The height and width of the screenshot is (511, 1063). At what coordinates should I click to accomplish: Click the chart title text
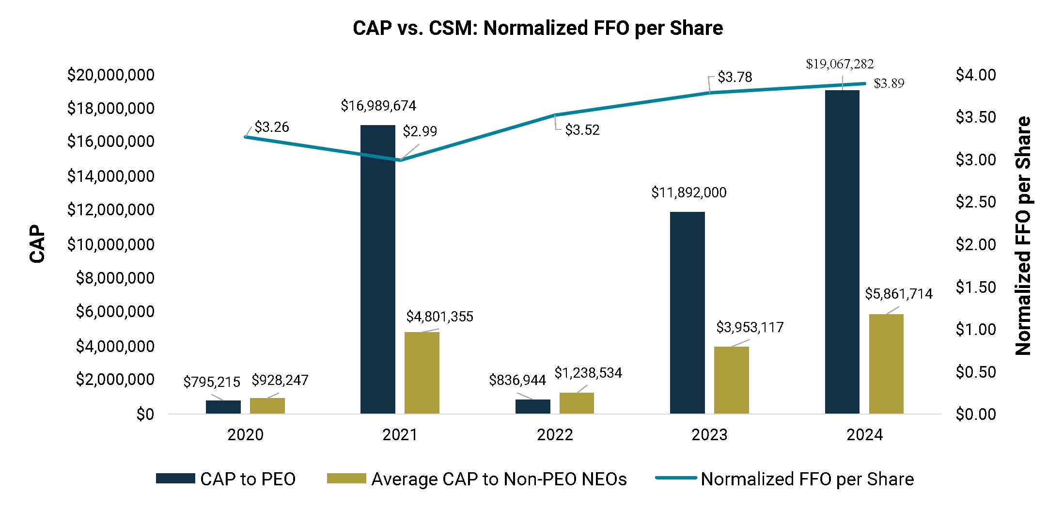coord(537,28)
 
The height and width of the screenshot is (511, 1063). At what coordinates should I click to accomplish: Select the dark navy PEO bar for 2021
coord(378,269)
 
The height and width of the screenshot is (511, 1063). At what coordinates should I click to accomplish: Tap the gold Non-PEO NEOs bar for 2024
coord(886,364)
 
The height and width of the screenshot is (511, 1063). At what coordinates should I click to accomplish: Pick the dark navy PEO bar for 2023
coord(687,313)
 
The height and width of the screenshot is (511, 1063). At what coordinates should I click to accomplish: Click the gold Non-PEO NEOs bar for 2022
coord(577,403)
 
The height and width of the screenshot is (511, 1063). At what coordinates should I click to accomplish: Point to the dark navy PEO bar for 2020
coord(223,407)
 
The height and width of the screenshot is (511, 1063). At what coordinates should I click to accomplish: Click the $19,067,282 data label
coord(840,64)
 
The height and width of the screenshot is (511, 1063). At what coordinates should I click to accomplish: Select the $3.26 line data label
coord(271,127)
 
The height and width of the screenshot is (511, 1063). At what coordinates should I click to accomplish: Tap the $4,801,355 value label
coord(439,317)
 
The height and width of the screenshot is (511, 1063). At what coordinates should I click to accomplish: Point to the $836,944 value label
coord(517,380)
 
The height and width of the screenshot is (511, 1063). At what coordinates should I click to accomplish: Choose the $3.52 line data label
coord(582,130)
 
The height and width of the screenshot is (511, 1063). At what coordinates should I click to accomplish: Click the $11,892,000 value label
coord(688,192)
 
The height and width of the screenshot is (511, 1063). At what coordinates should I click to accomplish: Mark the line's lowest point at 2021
coord(400,160)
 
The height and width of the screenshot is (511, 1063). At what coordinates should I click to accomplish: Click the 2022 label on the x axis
coord(555,434)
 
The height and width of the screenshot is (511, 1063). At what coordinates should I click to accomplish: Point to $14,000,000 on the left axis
coord(110,176)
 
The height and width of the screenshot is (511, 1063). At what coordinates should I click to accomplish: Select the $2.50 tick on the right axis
coord(975,202)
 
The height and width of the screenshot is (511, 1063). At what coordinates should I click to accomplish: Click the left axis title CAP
coord(37,243)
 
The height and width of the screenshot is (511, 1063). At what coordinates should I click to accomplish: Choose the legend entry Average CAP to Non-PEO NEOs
coord(499,479)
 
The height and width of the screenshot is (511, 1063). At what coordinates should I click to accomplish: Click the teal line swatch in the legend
coord(676,478)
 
